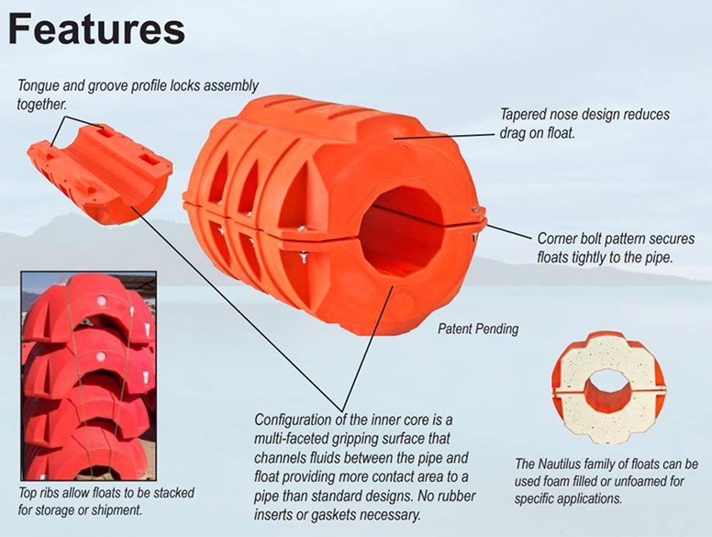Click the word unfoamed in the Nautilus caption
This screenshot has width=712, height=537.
(x=636, y=481)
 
